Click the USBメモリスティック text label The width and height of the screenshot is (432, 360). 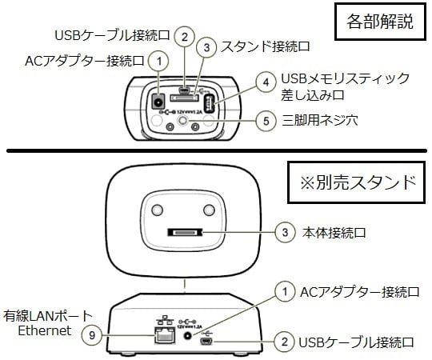346,78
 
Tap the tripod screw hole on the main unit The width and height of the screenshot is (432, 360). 188,122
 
